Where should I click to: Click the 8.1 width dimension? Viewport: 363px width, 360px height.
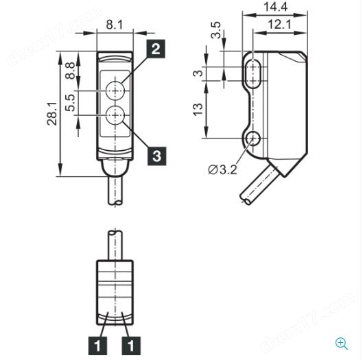pos(115,25)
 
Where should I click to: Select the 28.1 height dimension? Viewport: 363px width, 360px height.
pos(52,114)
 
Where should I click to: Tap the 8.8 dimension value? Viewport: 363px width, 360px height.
pos(70,71)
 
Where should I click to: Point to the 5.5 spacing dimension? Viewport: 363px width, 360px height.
pos(70,102)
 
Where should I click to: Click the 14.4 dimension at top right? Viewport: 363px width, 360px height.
pos(275,7)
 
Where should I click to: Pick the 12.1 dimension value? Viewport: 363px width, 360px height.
pos(279,25)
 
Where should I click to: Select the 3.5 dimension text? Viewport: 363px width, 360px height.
pos(215,30)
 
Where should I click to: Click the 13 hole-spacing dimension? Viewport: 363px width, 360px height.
pos(198,110)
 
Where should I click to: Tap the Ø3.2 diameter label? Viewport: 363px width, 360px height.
pos(222,170)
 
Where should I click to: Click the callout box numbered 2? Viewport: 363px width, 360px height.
pos(156,49)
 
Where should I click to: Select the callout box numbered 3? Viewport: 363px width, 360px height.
pos(156,156)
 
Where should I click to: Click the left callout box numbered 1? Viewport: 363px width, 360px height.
pos(97,346)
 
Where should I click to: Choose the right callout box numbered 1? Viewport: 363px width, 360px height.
pos(131,346)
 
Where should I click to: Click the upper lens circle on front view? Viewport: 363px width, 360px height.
pos(115,91)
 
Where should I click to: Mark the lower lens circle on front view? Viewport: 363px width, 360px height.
pos(115,115)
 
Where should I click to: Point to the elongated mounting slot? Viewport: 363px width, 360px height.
pos(253,74)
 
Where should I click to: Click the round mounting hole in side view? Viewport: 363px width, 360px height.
pos(253,139)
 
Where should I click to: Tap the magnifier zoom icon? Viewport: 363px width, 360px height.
pos(342,344)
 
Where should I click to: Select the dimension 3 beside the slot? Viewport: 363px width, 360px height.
pos(198,73)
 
